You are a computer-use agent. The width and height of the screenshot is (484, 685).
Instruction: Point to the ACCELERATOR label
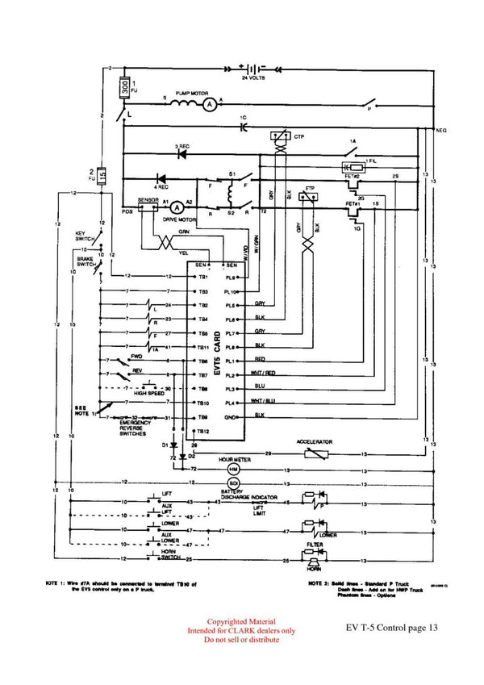click(315, 442)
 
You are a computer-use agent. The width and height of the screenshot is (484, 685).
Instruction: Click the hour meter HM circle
click(234, 469)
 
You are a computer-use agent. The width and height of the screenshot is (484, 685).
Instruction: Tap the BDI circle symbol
click(234, 482)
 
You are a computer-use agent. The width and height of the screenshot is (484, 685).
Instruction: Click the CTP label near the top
click(299, 136)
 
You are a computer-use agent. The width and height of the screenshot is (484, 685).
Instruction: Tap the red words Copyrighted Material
click(241, 622)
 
